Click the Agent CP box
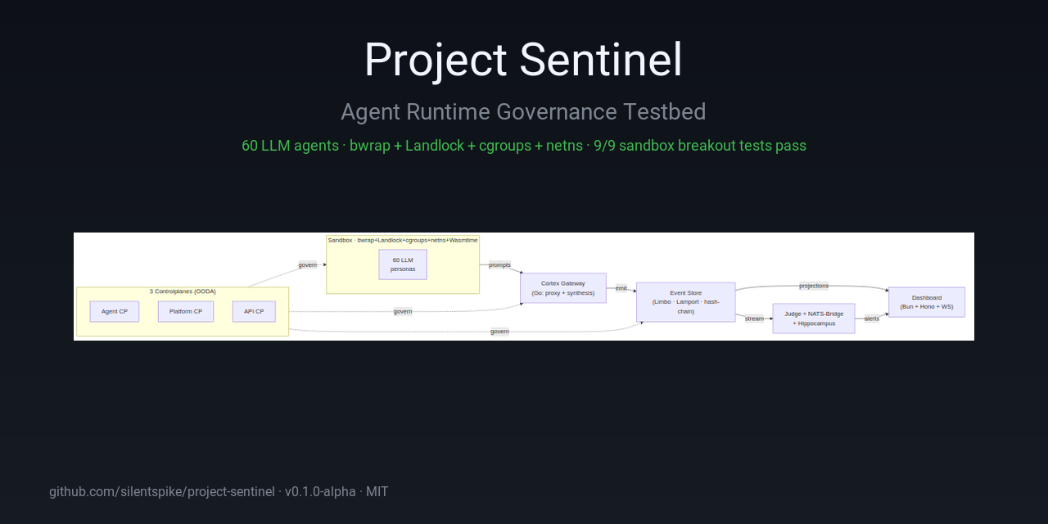pos(115,311)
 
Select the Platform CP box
pos(186,311)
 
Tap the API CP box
pos(254,311)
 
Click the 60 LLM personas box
pos(403,264)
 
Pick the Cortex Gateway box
pos(563,288)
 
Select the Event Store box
pos(686,302)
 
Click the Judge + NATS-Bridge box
pos(814,318)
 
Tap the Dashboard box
pos(927,302)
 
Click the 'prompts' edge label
pos(499,264)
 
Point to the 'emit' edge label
pos(621,288)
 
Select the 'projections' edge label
pos(814,286)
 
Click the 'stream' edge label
pos(754,318)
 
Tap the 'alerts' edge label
pos(872,318)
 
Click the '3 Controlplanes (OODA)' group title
pos(183,291)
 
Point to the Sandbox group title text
pos(403,240)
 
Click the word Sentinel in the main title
pos(601,61)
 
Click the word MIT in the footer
pos(377,492)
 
